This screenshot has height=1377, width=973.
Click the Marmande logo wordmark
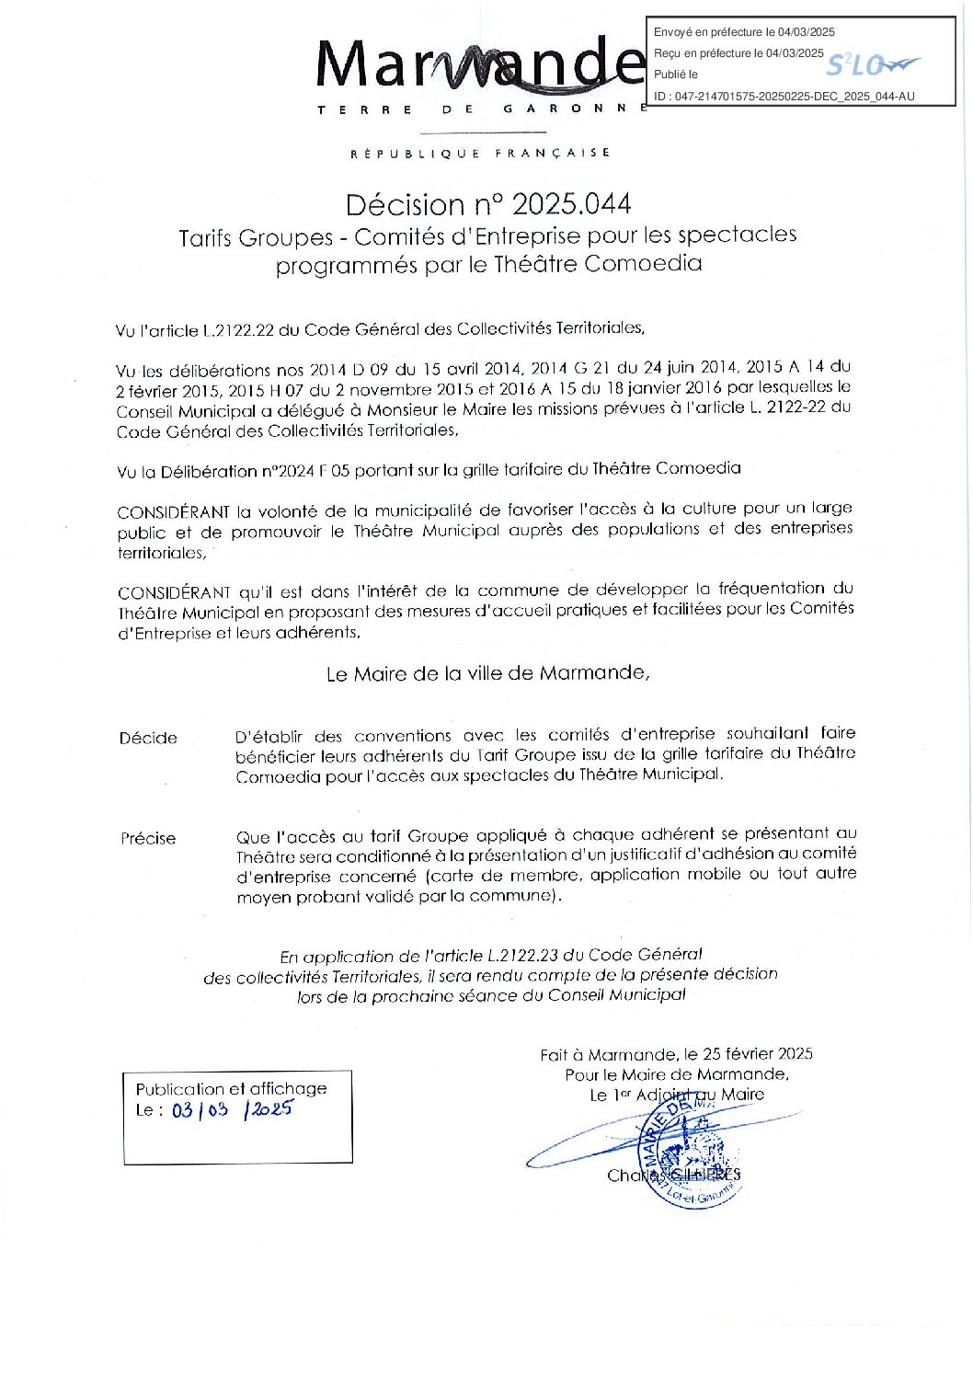tap(478, 66)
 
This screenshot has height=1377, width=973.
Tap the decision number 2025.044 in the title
tap(571, 204)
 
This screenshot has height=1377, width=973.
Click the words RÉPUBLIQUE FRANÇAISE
tap(480, 154)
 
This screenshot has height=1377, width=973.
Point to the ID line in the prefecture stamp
tap(784, 97)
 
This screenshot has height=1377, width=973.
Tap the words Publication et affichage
tap(231, 1088)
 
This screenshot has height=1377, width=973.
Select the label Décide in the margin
tap(148, 738)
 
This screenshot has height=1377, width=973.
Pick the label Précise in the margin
tap(148, 838)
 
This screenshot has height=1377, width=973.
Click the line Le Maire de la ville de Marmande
tap(487, 674)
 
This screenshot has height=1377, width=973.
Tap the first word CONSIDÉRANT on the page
tap(173, 511)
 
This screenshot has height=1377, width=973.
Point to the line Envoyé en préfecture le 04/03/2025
tap(744, 32)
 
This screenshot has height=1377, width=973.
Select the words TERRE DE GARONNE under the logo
tap(478, 109)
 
